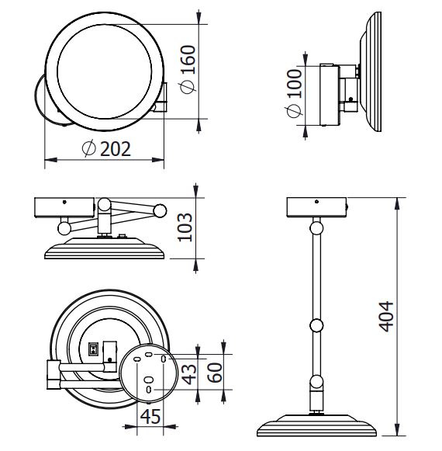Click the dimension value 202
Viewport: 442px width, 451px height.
(116, 149)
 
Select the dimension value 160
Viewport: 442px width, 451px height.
(188, 60)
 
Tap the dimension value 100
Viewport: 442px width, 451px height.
(295, 83)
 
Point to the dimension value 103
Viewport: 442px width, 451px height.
(185, 227)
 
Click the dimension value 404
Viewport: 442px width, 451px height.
(386, 317)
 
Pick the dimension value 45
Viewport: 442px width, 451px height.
(150, 416)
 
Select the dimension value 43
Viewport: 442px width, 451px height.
(190, 374)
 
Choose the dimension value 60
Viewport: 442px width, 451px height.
(215, 373)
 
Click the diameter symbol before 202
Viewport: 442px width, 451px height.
(88, 149)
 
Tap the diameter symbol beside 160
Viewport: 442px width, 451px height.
(188, 87)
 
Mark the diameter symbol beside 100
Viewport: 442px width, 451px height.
(295, 111)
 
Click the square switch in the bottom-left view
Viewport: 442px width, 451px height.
(93, 349)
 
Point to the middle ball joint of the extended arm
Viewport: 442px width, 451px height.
(316, 325)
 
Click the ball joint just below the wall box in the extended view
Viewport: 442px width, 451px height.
(316, 228)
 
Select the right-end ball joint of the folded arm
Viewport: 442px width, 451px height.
(160, 211)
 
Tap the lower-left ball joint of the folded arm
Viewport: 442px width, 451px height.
(64, 228)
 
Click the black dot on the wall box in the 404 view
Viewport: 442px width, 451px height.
(316, 201)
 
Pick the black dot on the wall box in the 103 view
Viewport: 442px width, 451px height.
(64, 202)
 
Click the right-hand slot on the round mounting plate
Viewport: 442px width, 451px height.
(164, 359)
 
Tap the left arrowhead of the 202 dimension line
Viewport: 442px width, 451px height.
(51, 160)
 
